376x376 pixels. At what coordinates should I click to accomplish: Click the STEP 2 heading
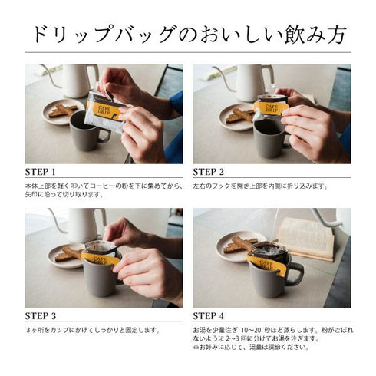pyautogui.click(x=209, y=171)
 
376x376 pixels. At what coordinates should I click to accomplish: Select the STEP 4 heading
pyautogui.click(x=209, y=315)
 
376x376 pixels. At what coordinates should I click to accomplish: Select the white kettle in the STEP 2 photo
pyautogui.click(x=251, y=81)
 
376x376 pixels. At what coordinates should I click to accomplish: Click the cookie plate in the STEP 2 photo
pyautogui.click(x=236, y=117)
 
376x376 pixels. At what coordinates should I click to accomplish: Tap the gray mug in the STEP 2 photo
pyautogui.click(x=269, y=137)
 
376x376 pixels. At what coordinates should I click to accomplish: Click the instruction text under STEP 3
pyautogui.click(x=92, y=331)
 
